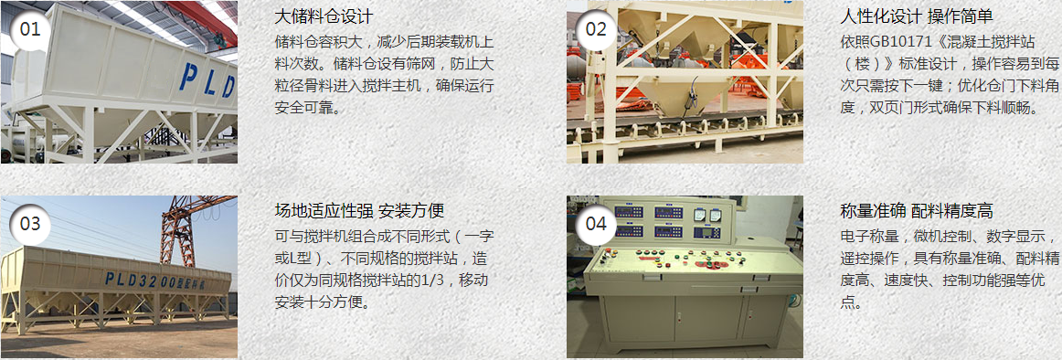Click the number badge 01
coord(30,29)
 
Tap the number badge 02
coord(596,29)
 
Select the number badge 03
coord(30,224)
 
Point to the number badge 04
coord(596,224)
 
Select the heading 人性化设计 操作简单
coord(916,17)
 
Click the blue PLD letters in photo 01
coord(207,80)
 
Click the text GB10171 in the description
coord(908,42)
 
